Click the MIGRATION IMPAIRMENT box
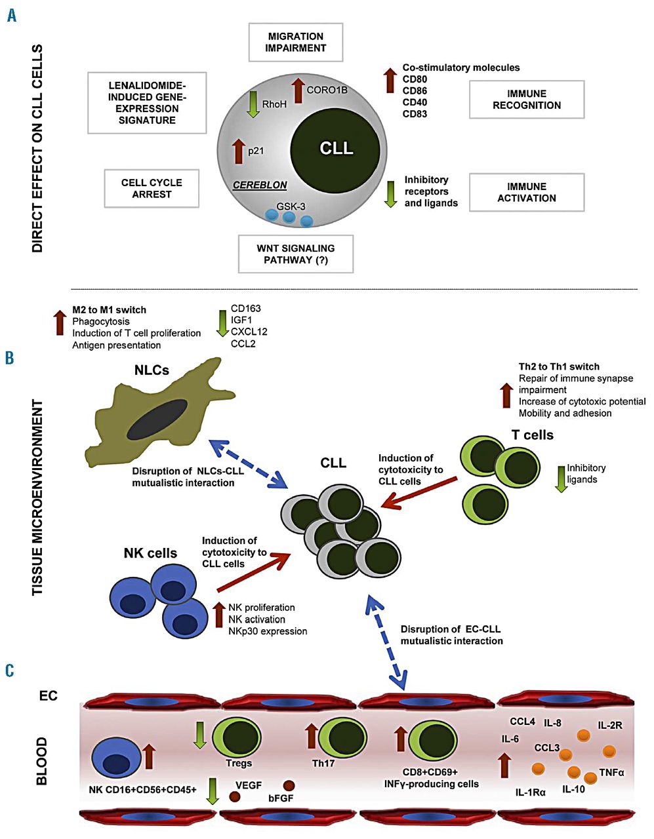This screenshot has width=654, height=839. click(296, 43)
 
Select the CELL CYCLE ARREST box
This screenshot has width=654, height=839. click(152, 189)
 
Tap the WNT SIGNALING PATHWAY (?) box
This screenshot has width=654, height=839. click(295, 254)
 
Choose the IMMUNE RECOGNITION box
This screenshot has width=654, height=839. click(527, 100)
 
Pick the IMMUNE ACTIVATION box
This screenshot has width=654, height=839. click(527, 193)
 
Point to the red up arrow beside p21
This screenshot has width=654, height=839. click(237, 151)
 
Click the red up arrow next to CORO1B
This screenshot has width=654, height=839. click(296, 90)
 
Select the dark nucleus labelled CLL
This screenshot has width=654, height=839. click(336, 149)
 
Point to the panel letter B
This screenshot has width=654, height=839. click(10, 358)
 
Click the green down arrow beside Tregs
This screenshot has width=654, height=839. click(200, 735)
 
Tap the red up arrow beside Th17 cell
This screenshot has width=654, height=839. click(312, 735)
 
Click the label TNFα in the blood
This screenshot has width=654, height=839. click(611, 772)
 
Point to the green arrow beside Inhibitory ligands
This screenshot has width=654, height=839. click(561, 479)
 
